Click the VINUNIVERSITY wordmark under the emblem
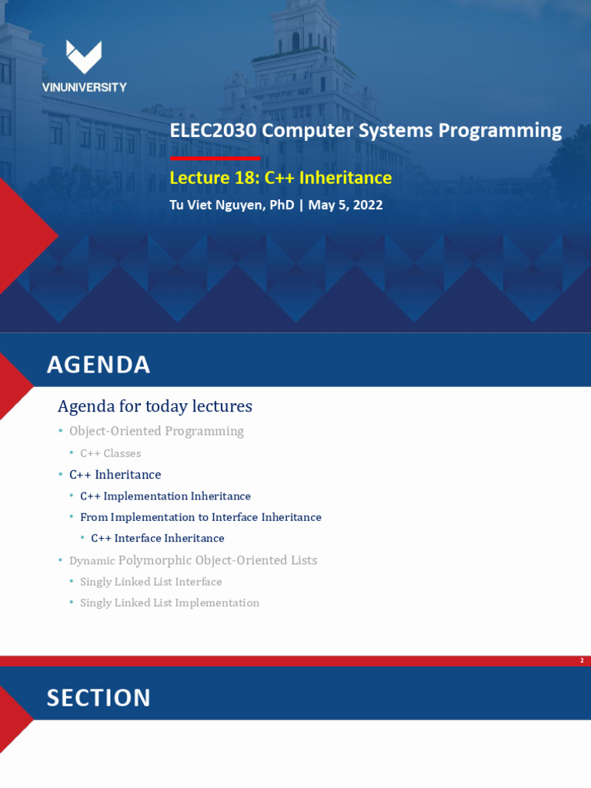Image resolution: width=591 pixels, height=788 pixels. [84, 88]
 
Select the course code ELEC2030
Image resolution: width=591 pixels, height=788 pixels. [213, 131]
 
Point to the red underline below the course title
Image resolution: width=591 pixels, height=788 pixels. [215, 158]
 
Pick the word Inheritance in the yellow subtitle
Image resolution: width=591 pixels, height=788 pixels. [346, 179]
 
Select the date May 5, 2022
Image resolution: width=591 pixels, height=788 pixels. [345, 205]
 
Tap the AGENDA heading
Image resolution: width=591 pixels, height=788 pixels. [98, 365]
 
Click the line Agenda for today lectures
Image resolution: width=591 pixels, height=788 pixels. [155, 406]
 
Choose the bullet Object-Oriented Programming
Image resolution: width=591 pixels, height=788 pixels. [156, 431]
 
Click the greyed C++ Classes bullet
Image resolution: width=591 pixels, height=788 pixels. [110, 453]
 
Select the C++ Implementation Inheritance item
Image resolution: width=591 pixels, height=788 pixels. [165, 496]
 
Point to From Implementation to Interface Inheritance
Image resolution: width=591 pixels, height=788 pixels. [201, 517]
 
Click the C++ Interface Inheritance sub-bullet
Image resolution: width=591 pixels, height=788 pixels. [158, 538]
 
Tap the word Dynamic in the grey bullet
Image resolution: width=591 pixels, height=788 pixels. [92, 561]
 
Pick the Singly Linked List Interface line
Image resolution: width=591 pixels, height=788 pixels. [151, 582]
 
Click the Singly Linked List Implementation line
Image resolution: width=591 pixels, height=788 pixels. [169, 603]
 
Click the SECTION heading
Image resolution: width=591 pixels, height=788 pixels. [98, 698]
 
